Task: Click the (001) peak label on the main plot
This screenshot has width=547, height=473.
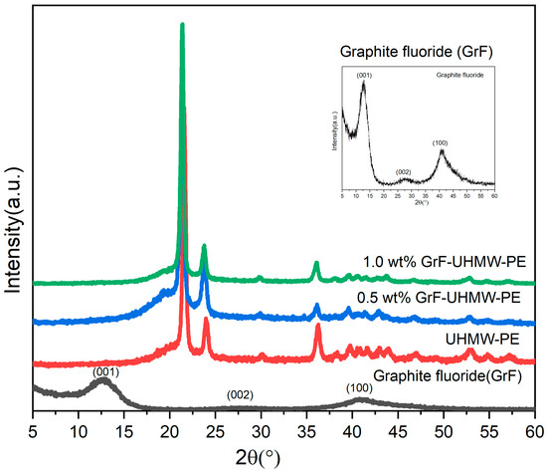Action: (x=106, y=372)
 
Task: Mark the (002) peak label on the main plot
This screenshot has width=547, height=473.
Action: (x=240, y=394)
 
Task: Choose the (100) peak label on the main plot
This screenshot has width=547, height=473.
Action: (x=359, y=386)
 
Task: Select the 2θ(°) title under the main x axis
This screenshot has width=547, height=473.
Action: (x=284, y=459)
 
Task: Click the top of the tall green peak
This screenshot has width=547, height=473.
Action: (x=182, y=26)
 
